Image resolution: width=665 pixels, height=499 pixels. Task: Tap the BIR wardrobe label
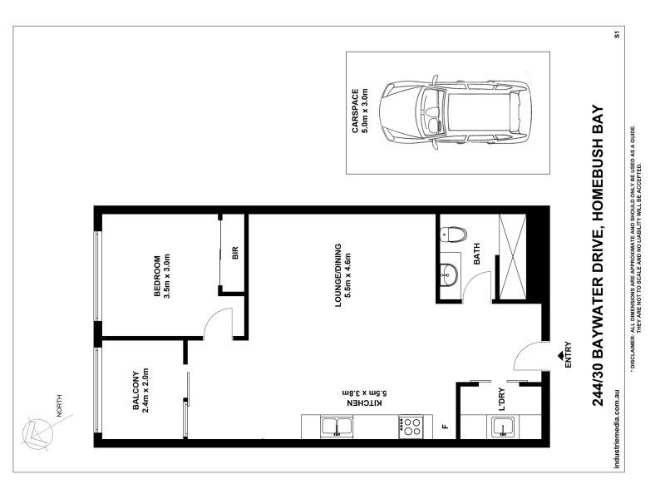[235, 254]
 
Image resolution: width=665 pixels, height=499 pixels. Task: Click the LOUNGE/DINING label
[343, 274]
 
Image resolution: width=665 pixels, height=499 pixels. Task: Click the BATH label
[477, 257]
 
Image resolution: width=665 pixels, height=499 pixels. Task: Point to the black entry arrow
[554, 356]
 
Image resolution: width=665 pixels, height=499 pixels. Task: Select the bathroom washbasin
[450, 272]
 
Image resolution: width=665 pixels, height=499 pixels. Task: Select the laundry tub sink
[501, 428]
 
